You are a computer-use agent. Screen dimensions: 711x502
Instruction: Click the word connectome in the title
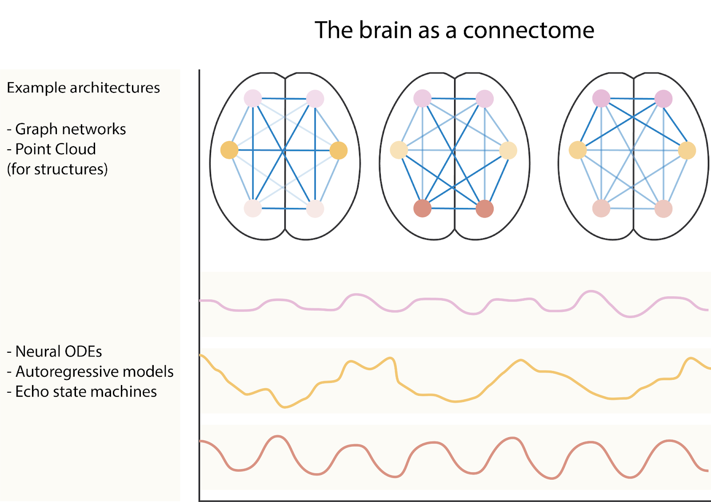coord(528,31)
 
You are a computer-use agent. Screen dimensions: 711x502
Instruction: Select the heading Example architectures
coord(83,88)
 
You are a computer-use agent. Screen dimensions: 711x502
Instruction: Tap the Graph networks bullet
coord(66,129)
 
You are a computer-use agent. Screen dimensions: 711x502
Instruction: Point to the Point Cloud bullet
coord(52,149)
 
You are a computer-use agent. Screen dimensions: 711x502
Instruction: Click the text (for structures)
coord(57,169)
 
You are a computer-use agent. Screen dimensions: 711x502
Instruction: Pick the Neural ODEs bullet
coord(54,351)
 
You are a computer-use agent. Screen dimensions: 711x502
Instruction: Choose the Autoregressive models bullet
coord(90,371)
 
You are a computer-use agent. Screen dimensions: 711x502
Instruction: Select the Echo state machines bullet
coord(82,391)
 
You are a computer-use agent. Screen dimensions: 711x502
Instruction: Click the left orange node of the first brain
coord(229,150)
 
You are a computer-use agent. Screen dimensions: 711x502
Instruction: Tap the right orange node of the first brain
coord(339,151)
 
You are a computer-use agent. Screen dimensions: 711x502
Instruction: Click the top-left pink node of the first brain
coord(253,98)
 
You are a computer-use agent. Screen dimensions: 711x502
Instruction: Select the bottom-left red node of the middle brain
coord(423,208)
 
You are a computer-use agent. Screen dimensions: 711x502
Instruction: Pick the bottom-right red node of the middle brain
coord(485,209)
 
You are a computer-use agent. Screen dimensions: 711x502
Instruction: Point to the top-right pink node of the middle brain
coord(485,99)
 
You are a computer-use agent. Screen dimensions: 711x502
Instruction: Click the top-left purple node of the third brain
coord(601,98)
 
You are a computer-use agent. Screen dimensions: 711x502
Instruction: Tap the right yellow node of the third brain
coord(687,151)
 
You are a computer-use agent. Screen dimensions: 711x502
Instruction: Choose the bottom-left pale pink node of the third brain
coord(601,208)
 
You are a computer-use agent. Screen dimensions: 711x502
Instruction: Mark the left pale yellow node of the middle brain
coord(399,150)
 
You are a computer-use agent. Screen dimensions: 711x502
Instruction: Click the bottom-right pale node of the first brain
coord(315,209)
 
